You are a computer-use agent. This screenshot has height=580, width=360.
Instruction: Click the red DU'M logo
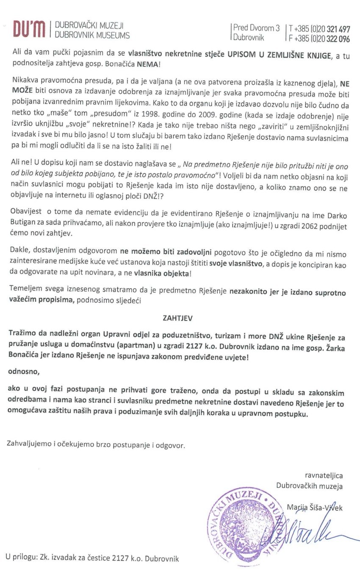[29, 30]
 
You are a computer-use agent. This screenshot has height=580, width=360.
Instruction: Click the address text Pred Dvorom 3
[257, 28]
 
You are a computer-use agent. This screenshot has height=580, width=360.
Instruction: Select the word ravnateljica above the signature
[324, 476]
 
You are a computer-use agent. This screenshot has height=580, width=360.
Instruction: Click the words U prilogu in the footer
[21, 558]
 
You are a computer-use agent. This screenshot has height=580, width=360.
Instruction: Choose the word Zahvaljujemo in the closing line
[30, 445]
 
